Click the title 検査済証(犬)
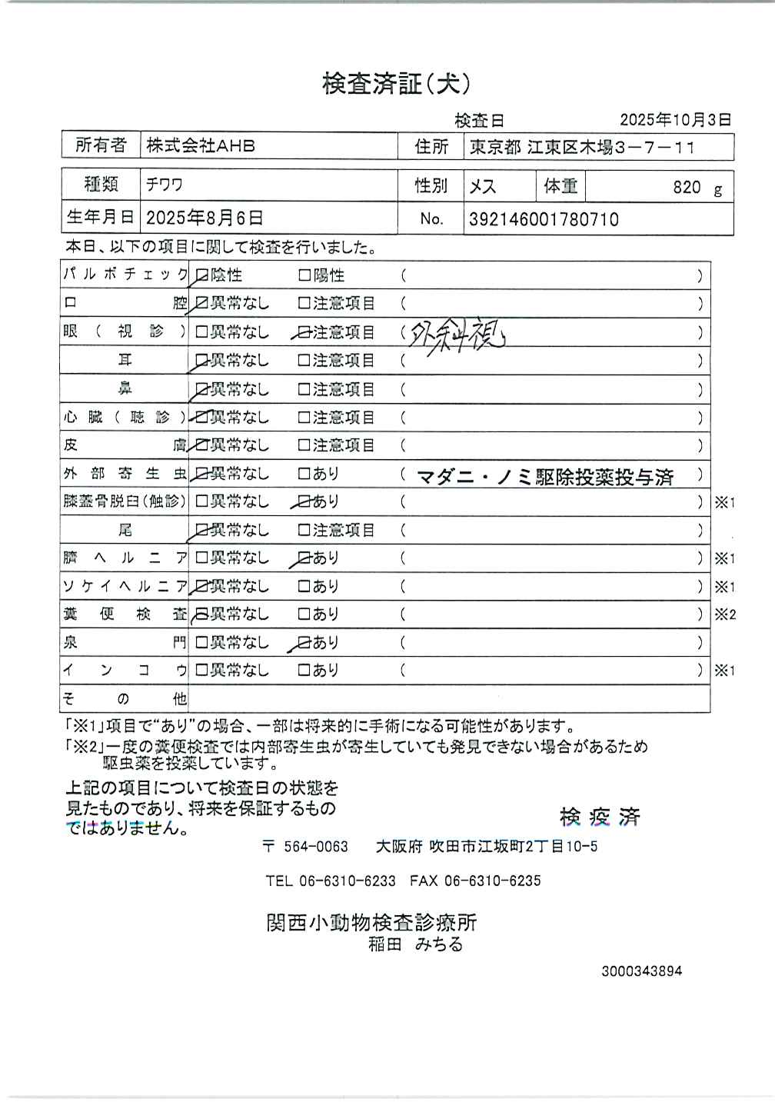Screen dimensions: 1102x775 coord(395,83)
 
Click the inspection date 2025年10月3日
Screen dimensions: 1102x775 coord(675,120)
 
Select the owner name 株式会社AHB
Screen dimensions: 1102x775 coord(201,145)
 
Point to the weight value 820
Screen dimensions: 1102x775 coord(686,187)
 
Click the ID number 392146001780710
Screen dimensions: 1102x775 coord(544,220)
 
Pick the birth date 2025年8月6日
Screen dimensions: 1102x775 coord(205,218)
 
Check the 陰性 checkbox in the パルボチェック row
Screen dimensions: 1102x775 coord(202,275)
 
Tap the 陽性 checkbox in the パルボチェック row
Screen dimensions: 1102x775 coord(304,275)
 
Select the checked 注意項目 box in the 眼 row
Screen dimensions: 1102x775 coord(304,332)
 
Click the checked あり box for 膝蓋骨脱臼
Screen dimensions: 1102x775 coord(304,501)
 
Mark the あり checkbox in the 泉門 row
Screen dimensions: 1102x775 coord(304,642)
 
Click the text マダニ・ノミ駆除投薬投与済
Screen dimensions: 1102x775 coord(545,477)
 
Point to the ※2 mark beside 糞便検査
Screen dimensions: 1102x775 coord(725,614)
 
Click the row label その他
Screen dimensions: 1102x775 coord(125,698)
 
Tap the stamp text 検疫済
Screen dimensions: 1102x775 coord(600,816)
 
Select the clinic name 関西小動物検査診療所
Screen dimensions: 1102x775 coord(371,922)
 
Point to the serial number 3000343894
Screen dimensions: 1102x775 coord(641,971)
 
